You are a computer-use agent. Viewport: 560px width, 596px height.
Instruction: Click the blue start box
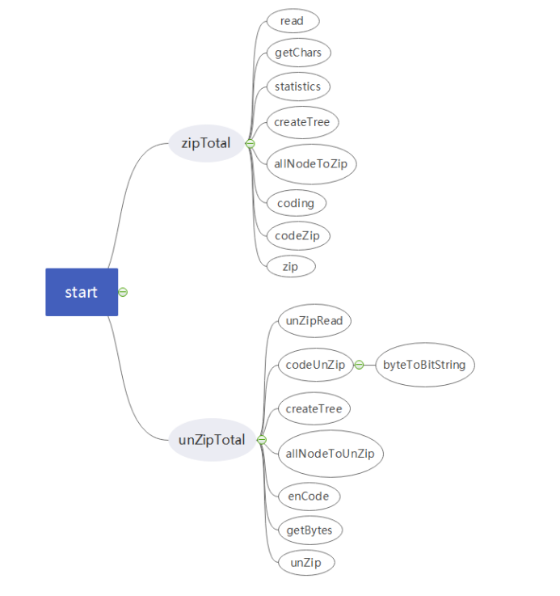pos(82,292)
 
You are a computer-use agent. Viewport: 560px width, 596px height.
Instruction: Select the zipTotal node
pos(206,144)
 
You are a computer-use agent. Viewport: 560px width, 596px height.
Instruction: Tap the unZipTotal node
pos(212,441)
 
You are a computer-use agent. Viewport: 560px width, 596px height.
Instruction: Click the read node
pos(292,21)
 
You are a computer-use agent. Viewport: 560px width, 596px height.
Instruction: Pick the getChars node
pos(298,53)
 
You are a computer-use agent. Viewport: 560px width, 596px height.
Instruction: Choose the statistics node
pos(297,87)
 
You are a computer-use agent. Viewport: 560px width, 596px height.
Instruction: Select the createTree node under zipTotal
pos(301,122)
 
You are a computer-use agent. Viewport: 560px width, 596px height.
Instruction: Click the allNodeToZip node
pos(311,163)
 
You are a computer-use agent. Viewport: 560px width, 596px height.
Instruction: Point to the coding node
pos(295,203)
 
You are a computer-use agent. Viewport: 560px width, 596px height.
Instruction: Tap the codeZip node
pos(298,236)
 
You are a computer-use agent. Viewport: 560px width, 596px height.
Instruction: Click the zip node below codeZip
pos(290,266)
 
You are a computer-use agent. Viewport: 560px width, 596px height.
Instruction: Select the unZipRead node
pos(314,321)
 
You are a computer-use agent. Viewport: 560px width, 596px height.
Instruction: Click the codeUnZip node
pos(315,365)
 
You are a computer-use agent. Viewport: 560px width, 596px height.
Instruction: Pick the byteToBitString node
pos(424,365)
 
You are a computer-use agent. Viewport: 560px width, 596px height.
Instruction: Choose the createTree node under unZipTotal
pos(314,409)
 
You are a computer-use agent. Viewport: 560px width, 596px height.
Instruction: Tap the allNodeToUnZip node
pos(330,453)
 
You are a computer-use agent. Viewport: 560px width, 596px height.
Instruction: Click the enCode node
pos(308,496)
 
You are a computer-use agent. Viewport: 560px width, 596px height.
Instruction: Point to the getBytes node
pos(309,530)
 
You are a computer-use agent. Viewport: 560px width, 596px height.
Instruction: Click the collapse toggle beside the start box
pos(123,292)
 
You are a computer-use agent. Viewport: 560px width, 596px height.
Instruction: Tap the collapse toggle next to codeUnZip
pos(359,365)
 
